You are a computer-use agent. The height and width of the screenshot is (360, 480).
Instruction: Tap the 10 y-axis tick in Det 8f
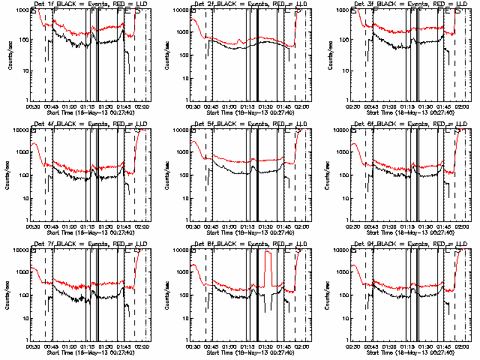coord(183,318)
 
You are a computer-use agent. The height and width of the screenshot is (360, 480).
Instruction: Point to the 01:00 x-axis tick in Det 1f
coord(69,106)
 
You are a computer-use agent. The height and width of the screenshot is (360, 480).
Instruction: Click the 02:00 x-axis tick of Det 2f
coord(302,106)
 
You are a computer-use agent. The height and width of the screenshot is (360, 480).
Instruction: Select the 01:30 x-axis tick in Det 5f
coord(266,226)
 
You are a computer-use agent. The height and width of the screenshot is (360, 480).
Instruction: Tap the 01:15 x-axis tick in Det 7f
coord(88,346)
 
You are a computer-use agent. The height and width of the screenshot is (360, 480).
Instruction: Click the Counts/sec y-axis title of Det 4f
coord(7,174)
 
